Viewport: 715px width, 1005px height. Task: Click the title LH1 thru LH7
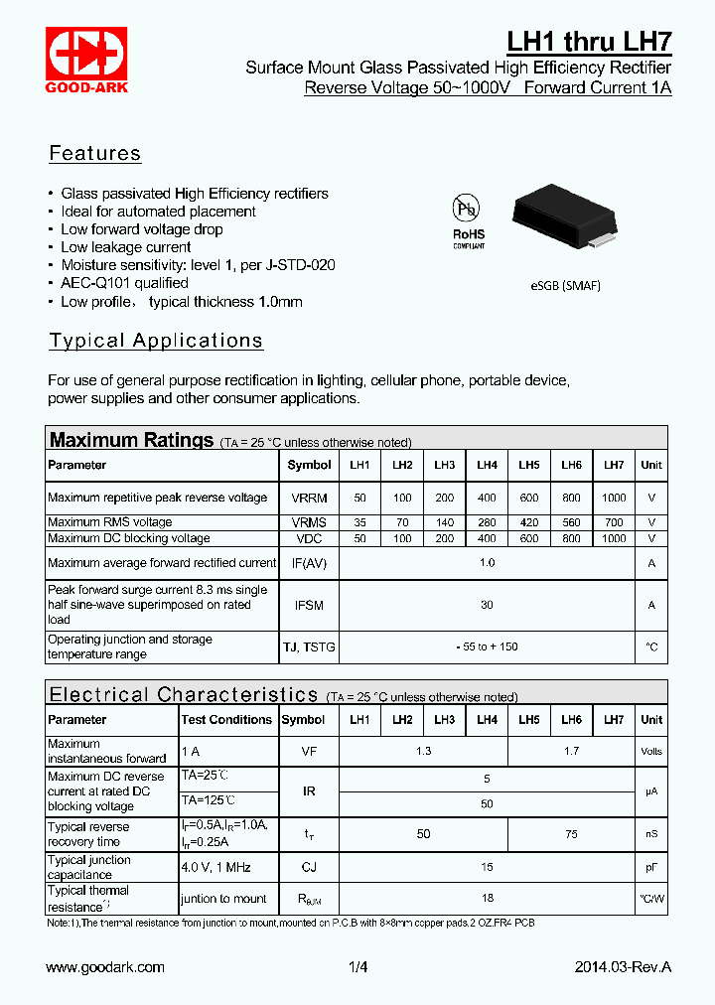point(589,42)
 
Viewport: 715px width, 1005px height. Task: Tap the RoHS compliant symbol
point(468,220)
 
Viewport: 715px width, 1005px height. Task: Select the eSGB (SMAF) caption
point(565,286)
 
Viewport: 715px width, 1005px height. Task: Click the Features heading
point(95,154)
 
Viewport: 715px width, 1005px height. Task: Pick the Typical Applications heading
point(156,341)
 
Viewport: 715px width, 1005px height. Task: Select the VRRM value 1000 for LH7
point(614,498)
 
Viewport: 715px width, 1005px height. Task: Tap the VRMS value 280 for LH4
point(487,522)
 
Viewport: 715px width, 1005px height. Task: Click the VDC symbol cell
point(309,538)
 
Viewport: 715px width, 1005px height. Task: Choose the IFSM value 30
point(487,605)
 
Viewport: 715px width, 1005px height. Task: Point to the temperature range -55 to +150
point(487,646)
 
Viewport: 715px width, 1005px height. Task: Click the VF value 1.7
point(571,751)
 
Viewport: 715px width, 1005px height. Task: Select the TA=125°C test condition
point(208,799)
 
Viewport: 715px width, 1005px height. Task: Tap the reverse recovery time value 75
point(571,834)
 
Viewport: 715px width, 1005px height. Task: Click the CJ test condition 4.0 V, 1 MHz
point(215,867)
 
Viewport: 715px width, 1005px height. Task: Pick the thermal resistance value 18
point(487,898)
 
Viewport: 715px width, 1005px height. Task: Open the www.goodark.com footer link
point(105,967)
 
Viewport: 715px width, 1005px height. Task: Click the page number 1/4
point(357,967)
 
